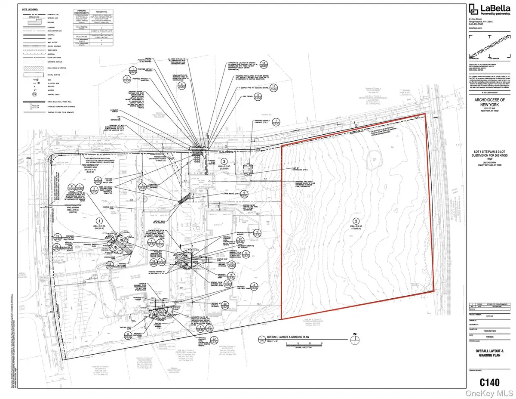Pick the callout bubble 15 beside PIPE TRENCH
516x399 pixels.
257,96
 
